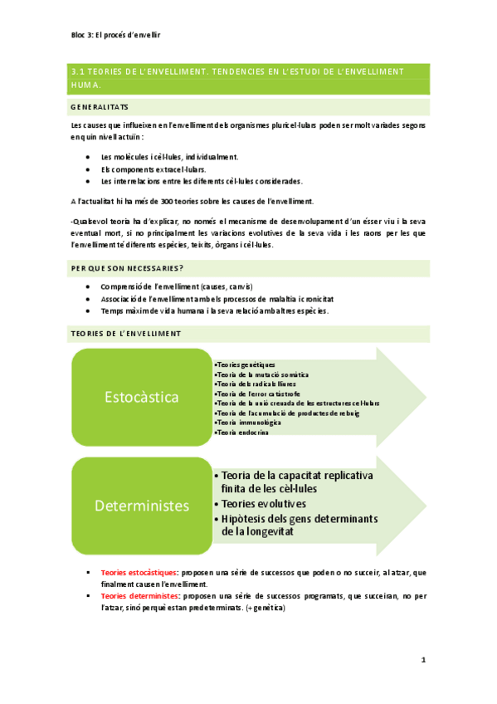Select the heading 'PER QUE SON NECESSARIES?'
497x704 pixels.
pos(127,268)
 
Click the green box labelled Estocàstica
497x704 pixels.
pos(142,397)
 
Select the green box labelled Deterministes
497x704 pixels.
pos(142,505)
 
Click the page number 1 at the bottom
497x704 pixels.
pos(422,660)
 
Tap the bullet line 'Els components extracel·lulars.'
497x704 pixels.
pos(153,169)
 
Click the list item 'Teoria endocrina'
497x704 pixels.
pos(241,432)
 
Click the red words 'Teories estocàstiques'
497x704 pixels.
pos(139,573)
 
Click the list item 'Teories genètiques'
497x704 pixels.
pos(245,365)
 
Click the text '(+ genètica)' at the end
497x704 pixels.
pos(266,608)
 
